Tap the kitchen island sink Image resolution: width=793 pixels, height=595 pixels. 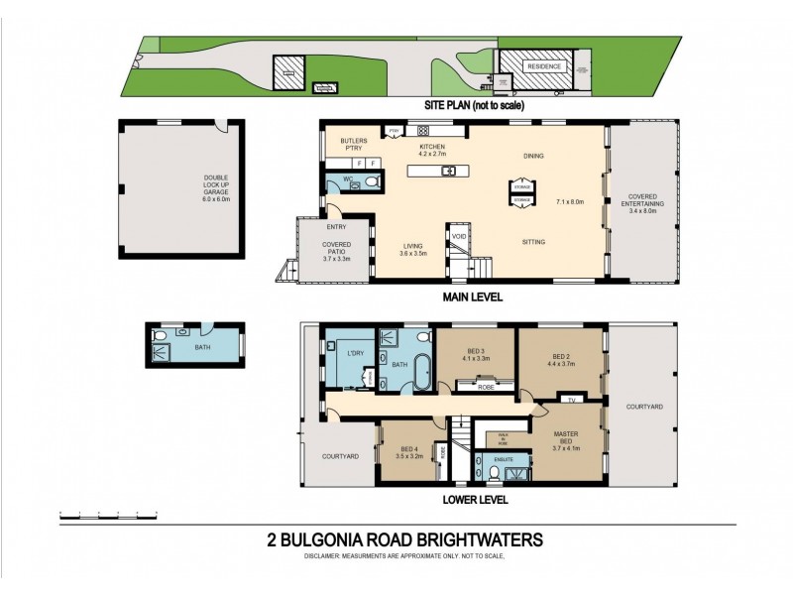(448, 171)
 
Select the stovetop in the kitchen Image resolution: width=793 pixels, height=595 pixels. (423, 130)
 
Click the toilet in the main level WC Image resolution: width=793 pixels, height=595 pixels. (368, 182)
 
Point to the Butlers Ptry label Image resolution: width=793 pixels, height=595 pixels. (354, 146)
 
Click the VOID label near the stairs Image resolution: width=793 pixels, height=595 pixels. (458, 237)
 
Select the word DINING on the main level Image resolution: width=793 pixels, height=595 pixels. (533, 156)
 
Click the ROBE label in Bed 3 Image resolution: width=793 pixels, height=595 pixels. (486, 388)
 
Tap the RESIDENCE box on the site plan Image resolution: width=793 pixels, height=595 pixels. (542, 66)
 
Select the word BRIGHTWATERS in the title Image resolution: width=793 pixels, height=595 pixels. (480, 540)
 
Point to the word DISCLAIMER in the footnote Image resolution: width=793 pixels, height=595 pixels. (328, 556)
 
